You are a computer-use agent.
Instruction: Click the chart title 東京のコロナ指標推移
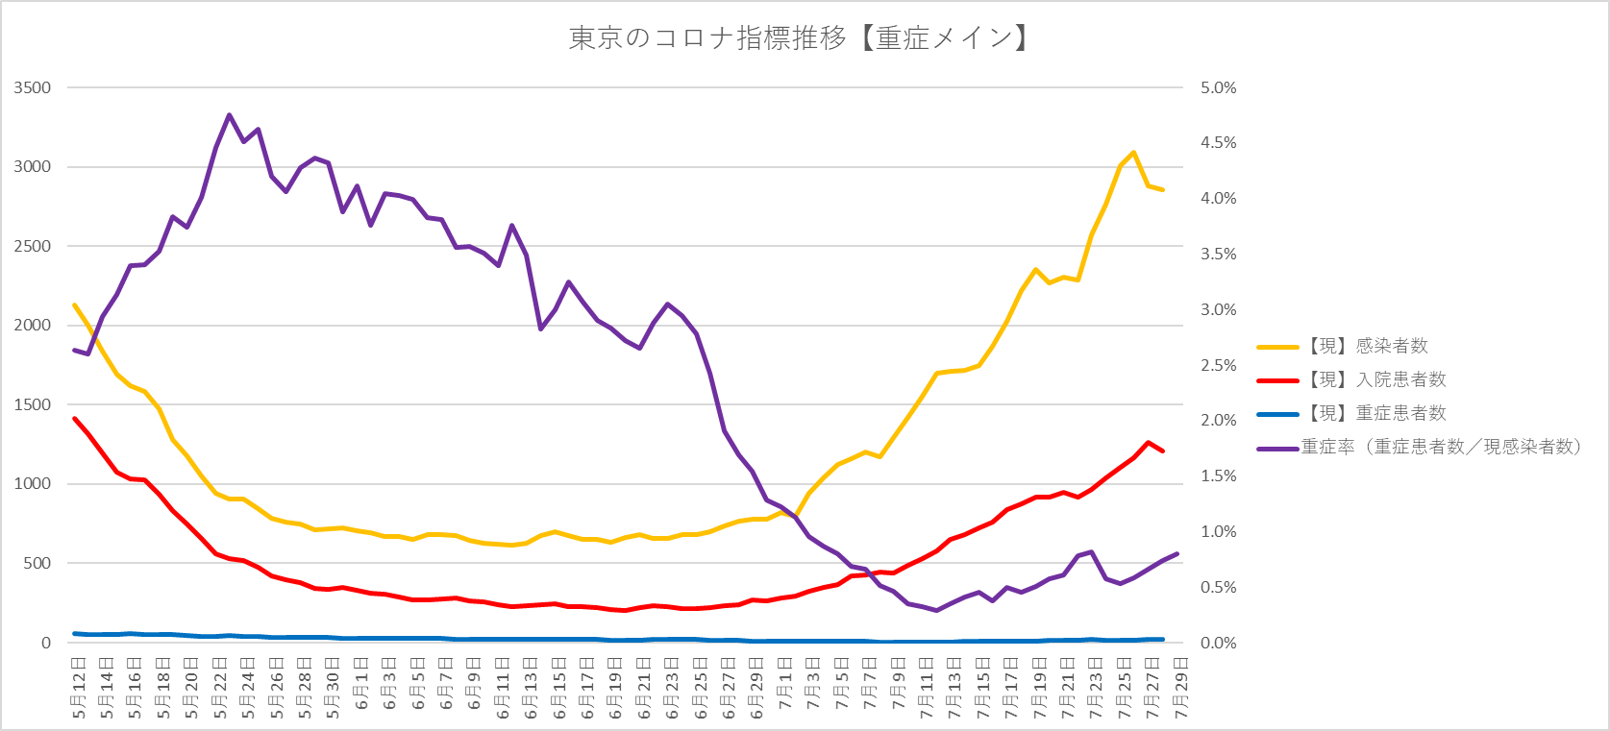[x=799, y=38]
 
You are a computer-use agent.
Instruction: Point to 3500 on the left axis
[x=33, y=87]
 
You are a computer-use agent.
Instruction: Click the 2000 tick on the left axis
[x=33, y=326]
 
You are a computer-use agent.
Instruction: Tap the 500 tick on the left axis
[x=37, y=563]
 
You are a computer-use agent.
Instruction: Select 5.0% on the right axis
[x=1218, y=87]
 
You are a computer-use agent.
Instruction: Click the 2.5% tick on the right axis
[x=1218, y=365]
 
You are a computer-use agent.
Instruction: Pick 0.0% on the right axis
[x=1218, y=643]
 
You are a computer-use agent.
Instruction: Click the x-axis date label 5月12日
[x=79, y=688]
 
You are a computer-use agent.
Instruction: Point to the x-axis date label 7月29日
[x=1181, y=688]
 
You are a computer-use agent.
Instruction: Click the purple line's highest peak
[x=229, y=115]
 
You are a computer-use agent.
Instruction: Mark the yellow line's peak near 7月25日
[x=1134, y=152]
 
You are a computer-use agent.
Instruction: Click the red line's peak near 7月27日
[x=1149, y=443]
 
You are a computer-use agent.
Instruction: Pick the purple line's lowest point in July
[x=936, y=610]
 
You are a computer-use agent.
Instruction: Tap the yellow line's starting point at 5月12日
[x=75, y=305]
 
